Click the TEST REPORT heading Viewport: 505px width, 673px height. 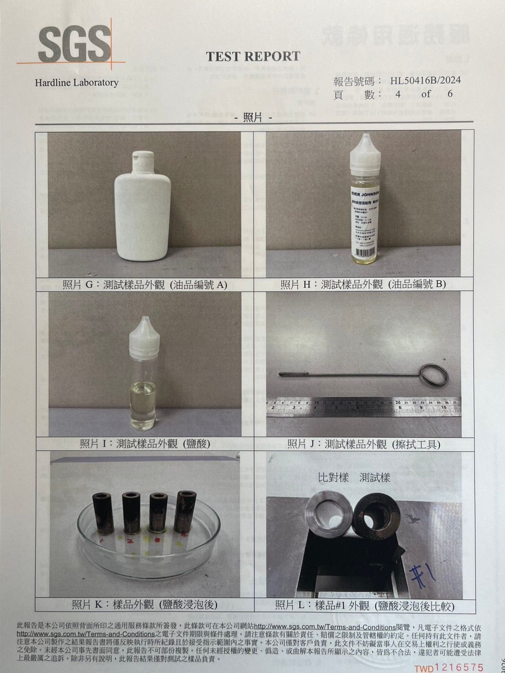pyautogui.click(x=253, y=57)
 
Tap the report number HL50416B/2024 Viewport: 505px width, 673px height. pyautogui.click(x=425, y=81)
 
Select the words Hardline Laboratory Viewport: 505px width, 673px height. pyautogui.click(x=77, y=83)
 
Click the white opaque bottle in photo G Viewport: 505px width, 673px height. pyautogui.click(x=142, y=210)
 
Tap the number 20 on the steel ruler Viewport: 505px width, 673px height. pyautogui.click(x=398, y=403)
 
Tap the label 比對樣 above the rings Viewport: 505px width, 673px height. pyautogui.click(x=333, y=478)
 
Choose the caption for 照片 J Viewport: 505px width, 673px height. pyautogui.click(x=363, y=444)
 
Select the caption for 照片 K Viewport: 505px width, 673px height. pyautogui.click(x=144, y=605)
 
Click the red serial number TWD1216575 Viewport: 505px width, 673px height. pyautogui.click(x=448, y=668)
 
